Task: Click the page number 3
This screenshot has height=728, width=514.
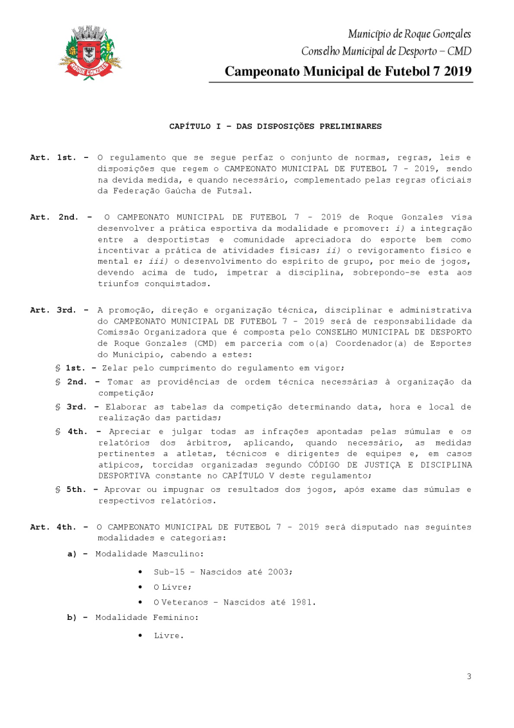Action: click(x=469, y=676)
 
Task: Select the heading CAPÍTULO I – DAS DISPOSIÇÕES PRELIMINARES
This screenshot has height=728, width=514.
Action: click(x=275, y=126)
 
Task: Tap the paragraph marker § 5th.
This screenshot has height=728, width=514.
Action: click(x=71, y=489)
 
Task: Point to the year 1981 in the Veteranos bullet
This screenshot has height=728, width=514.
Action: click(x=300, y=603)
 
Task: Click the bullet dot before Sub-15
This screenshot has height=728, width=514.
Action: click(x=140, y=572)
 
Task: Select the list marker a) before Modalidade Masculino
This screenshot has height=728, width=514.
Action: click(x=73, y=553)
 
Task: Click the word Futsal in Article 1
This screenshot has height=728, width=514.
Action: click(x=234, y=191)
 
